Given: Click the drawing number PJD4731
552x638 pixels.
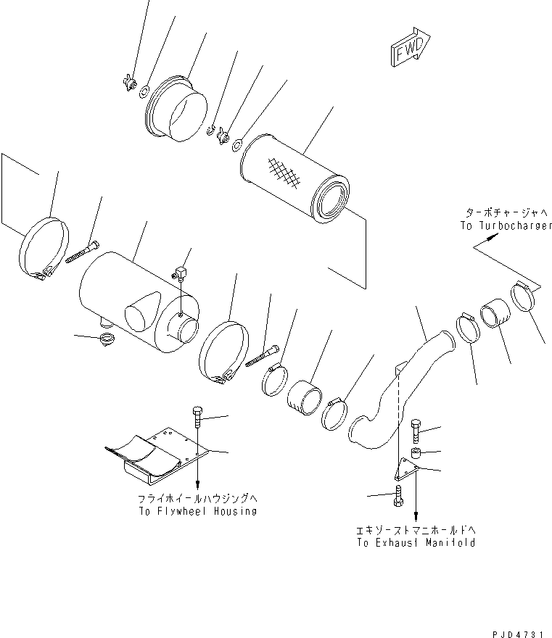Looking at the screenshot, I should (x=519, y=633).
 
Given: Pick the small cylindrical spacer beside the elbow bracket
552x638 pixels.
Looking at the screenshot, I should (x=416, y=455).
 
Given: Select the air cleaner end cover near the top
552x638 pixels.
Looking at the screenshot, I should (x=178, y=109).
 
